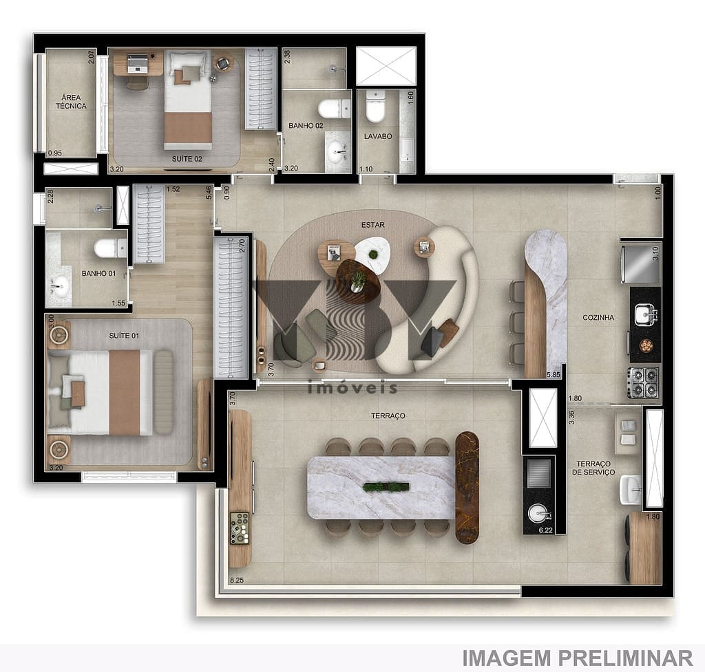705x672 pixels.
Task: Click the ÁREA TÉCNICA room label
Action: [71, 102]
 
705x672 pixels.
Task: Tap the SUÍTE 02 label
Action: [187, 158]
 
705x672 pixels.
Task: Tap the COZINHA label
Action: [598, 318]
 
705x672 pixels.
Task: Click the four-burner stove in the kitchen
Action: [644, 382]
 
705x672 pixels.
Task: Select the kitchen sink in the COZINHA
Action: [646, 314]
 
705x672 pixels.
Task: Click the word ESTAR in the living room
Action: [372, 225]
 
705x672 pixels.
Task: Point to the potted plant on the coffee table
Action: [358, 280]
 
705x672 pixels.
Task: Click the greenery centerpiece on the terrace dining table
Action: [386, 487]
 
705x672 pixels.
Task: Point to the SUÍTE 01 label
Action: [124, 336]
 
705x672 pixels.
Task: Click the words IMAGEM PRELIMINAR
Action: [577, 658]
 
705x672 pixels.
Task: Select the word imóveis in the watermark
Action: [353, 388]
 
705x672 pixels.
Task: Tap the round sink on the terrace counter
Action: [538, 513]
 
